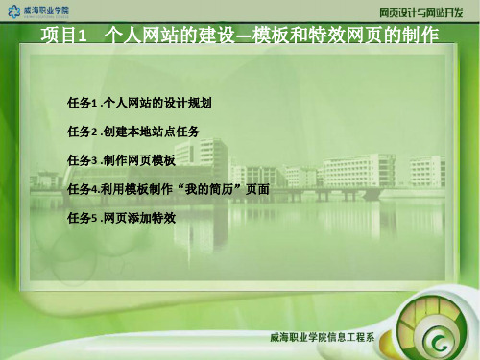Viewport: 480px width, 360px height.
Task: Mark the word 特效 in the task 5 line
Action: point(175,218)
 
